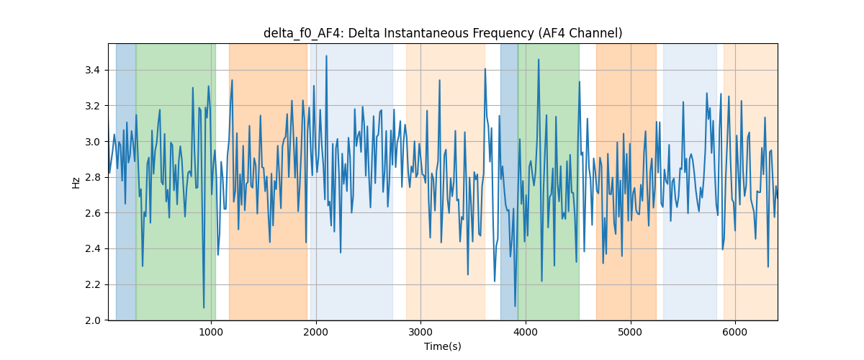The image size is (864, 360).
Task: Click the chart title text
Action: click(x=443, y=34)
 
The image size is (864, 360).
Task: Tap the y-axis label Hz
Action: click(x=76, y=183)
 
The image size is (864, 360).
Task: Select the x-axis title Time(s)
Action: click(x=443, y=346)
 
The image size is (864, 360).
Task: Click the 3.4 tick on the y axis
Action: click(x=93, y=71)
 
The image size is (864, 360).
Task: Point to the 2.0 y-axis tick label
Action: click(x=93, y=320)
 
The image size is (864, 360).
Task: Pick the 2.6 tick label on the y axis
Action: click(x=93, y=213)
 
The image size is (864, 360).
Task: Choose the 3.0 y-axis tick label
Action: click(x=93, y=142)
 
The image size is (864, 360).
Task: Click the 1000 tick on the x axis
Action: click(x=211, y=333)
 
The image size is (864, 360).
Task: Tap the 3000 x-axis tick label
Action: click(x=420, y=333)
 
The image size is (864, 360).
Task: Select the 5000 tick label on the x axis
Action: click(x=630, y=333)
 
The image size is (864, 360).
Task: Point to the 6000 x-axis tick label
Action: click(x=735, y=333)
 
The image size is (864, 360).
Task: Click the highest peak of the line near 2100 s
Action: click(x=326, y=56)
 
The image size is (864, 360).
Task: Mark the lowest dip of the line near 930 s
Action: click(x=204, y=307)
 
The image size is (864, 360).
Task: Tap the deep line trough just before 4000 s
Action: click(x=515, y=307)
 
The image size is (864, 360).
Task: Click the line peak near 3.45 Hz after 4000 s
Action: click(x=539, y=60)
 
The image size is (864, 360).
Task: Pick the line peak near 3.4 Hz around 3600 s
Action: click(x=485, y=69)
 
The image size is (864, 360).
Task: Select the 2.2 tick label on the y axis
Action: click(x=93, y=284)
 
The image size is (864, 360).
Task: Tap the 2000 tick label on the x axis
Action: click(x=316, y=333)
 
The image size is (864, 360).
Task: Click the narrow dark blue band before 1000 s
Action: click(x=126, y=181)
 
